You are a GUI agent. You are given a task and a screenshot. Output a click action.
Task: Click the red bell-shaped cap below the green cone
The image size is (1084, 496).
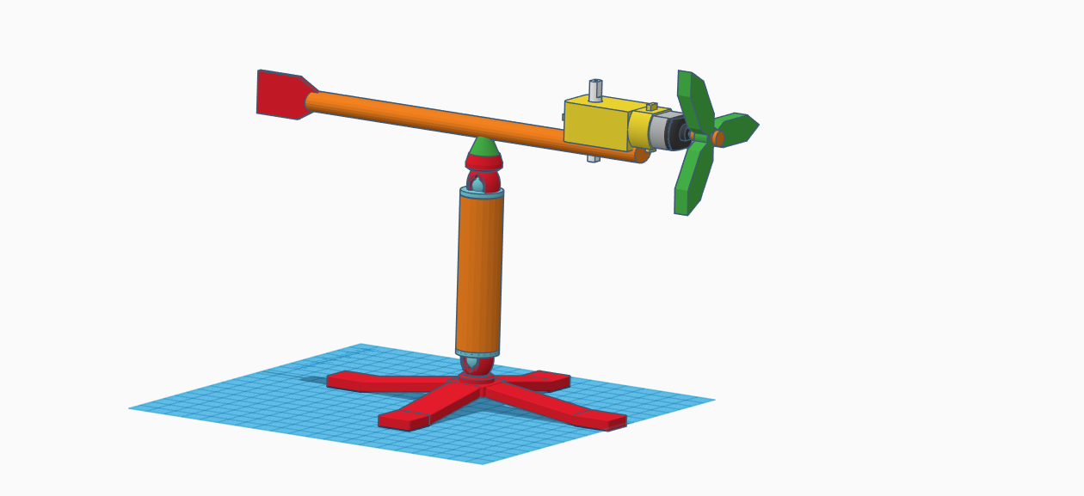[x=484, y=162]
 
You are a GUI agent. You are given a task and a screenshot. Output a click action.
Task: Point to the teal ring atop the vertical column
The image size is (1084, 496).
[x=482, y=193]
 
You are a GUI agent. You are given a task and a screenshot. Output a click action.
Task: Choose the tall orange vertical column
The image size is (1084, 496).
[x=479, y=271]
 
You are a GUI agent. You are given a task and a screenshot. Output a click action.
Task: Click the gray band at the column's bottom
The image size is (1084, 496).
[x=477, y=352]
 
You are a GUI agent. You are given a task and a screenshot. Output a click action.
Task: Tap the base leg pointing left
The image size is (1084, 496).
[x=370, y=382]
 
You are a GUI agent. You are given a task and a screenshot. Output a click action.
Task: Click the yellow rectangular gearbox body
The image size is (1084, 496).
[x=595, y=126]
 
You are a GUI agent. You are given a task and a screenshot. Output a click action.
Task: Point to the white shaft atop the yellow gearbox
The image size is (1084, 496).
[x=595, y=89]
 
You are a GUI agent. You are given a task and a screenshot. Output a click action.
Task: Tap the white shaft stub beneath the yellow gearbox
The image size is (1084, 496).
[x=594, y=158]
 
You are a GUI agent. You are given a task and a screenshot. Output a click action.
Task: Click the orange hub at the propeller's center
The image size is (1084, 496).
[x=718, y=138]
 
